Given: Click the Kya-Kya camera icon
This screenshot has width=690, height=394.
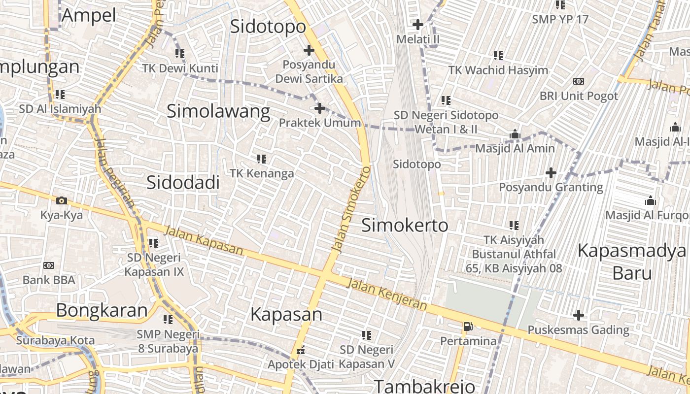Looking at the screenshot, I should [x=62, y=200].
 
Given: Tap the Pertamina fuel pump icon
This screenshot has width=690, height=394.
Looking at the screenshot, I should [x=467, y=326].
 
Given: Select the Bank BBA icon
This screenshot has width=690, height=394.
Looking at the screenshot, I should [x=49, y=265].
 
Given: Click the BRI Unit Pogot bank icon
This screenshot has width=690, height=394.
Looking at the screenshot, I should [x=578, y=81].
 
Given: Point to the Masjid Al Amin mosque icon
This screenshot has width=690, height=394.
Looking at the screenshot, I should [x=515, y=134].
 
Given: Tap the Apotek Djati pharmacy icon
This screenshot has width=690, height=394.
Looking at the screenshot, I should [x=300, y=351].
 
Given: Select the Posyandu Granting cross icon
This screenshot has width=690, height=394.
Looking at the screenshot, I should [x=551, y=173].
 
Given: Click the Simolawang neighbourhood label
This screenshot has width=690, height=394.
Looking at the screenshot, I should [x=218, y=111].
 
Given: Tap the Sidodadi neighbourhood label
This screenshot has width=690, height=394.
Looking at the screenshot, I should [x=183, y=183].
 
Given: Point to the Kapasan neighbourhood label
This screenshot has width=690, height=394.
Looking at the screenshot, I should [x=286, y=314].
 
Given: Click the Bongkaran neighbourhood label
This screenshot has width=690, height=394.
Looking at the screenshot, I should [x=102, y=310].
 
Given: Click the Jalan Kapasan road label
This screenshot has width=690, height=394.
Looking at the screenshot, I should [x=203, y=241].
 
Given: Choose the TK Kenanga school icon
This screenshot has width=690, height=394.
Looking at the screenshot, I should [x=262, y=159].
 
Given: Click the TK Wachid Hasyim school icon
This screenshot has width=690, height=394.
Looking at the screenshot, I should [x=498, y=56].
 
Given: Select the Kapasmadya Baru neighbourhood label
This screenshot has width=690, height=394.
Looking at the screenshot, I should [x=632, y=261].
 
